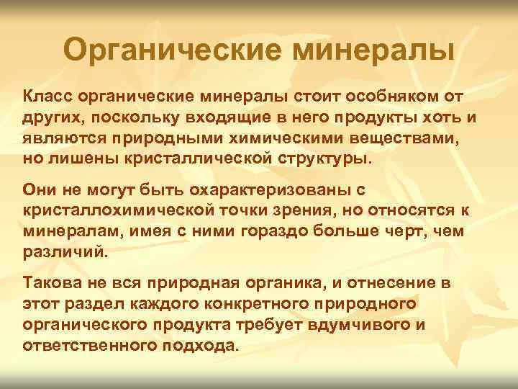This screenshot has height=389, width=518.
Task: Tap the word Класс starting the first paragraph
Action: (x=47, y=97)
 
